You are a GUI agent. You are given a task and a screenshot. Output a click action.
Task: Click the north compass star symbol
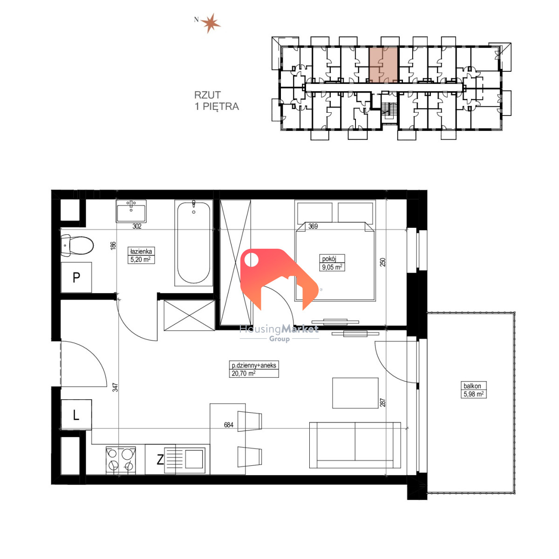point(211,23)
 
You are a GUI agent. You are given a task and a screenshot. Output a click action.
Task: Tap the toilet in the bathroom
point(77,245)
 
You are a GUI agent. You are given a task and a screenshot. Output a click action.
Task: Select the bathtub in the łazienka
point(193,243)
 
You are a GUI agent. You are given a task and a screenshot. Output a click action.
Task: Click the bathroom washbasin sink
point(131,211)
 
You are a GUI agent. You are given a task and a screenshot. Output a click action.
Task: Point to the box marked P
point(76,278)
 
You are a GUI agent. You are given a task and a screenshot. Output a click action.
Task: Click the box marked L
point(76,415)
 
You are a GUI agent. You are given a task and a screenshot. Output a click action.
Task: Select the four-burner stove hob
point(121,460)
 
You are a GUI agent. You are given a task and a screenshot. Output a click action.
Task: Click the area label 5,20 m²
point(141,259)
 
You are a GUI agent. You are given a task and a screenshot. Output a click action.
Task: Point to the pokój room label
point(329,259)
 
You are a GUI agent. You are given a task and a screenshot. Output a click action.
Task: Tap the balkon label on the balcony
point(472,386)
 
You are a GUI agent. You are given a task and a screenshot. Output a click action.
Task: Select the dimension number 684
point(229,425)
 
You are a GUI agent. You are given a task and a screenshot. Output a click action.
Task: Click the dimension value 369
point(313,226)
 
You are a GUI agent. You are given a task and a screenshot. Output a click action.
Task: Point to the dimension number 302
point(137,226)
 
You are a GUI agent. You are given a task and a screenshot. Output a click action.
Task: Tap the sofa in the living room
point(355,445)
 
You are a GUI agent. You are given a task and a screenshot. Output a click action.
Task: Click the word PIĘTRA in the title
point(221,107)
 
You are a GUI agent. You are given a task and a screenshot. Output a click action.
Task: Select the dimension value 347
point(116,388)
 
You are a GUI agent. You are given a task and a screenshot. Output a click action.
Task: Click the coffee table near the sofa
point(355,393)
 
